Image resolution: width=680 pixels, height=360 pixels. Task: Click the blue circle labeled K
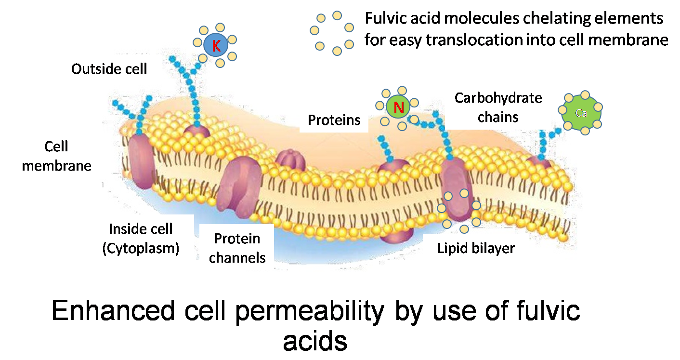coord(217,46)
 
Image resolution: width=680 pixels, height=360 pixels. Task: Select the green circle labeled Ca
coord(581,113)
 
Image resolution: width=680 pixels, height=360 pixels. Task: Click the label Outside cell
coord(109,69)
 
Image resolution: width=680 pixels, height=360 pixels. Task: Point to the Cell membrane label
coord(56,156)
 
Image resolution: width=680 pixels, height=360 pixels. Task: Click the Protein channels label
coord(237,248)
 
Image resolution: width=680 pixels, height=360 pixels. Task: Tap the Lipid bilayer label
coord(476,248)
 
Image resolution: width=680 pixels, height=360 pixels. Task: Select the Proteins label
coord(334,120)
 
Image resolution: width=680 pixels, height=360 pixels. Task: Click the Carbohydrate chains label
coord(498,107)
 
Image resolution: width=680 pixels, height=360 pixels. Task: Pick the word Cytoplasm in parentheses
coord(141,248)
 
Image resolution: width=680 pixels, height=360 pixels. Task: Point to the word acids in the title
coord(315,341)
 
